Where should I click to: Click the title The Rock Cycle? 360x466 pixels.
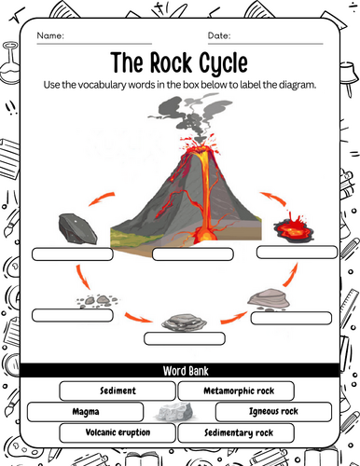pyautogui.click(x=179, y=63)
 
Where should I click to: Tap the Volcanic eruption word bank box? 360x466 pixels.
pyautogui.click(x=118, y=432)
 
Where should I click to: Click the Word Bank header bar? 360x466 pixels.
pyautogui.click(x=179, y=370)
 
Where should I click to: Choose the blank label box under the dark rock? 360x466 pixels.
pyautogui.click(x=68, y=254)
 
